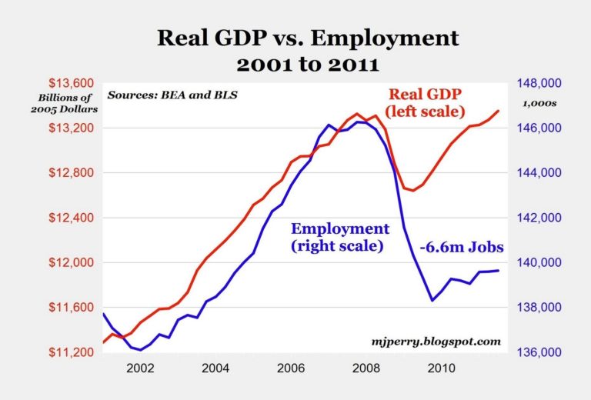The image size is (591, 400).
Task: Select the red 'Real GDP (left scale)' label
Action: [428, 103]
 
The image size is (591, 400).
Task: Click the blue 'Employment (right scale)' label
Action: [339, 238]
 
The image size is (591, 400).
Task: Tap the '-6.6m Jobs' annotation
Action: [462, 248]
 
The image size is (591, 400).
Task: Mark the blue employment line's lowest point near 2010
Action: [432, 300]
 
